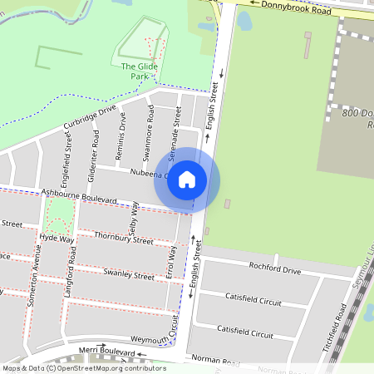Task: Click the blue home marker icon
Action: (x=187, y=180)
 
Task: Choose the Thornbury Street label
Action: (x=124, y=239)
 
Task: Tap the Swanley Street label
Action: (x=127, y=273)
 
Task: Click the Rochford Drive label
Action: (x=274, y=268)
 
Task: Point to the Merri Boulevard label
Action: (x=106, y=352)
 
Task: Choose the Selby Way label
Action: (x=135, y=219)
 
